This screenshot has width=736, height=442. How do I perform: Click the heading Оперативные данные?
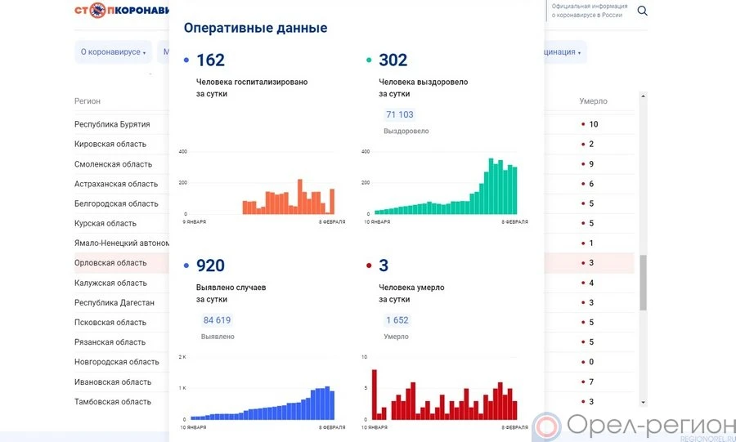pyautogui.click(x=255, y=28)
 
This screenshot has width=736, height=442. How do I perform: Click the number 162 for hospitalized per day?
pyautogui.click(x=210, y=60)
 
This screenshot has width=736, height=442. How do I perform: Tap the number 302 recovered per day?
pyautogui.click(x=393, y=60)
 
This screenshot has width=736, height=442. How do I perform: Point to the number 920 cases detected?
pyautogui.click(x=210, y=266)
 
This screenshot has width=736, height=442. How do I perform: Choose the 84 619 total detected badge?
pyautogui.click(x=217, y=319)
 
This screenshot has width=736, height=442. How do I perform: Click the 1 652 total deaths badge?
pyautogui.click(x=397, y=319)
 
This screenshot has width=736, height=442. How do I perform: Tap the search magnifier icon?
pyautogui.click(x=642, y=11)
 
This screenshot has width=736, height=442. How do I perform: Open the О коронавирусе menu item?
pyautogui.click(x=113, y=52)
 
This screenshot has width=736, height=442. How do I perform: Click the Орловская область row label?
pyautogui.click(x=110, y=263)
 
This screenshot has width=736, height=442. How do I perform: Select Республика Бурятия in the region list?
pyautogui.click(x=112, y=124)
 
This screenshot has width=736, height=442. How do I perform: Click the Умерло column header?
pyautogui.click(x=593, y=101)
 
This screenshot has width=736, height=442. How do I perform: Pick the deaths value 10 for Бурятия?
pyautogui.click(x=594, y=124)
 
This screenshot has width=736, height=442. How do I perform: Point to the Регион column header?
pyautogui.click(x=88, y=101)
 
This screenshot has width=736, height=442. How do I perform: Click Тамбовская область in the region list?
pyautogui.click(x=112, y=402)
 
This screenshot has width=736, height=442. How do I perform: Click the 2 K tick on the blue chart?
pyautogui.click(x=183, y=357)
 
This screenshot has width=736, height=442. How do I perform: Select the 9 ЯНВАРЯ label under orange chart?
pyautogui.click(x=194, y=221)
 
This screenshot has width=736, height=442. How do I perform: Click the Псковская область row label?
pyautogui.click(x=110, y=323)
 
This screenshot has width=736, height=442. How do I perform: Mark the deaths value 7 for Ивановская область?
pyautogui.click(x=591, y=382)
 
